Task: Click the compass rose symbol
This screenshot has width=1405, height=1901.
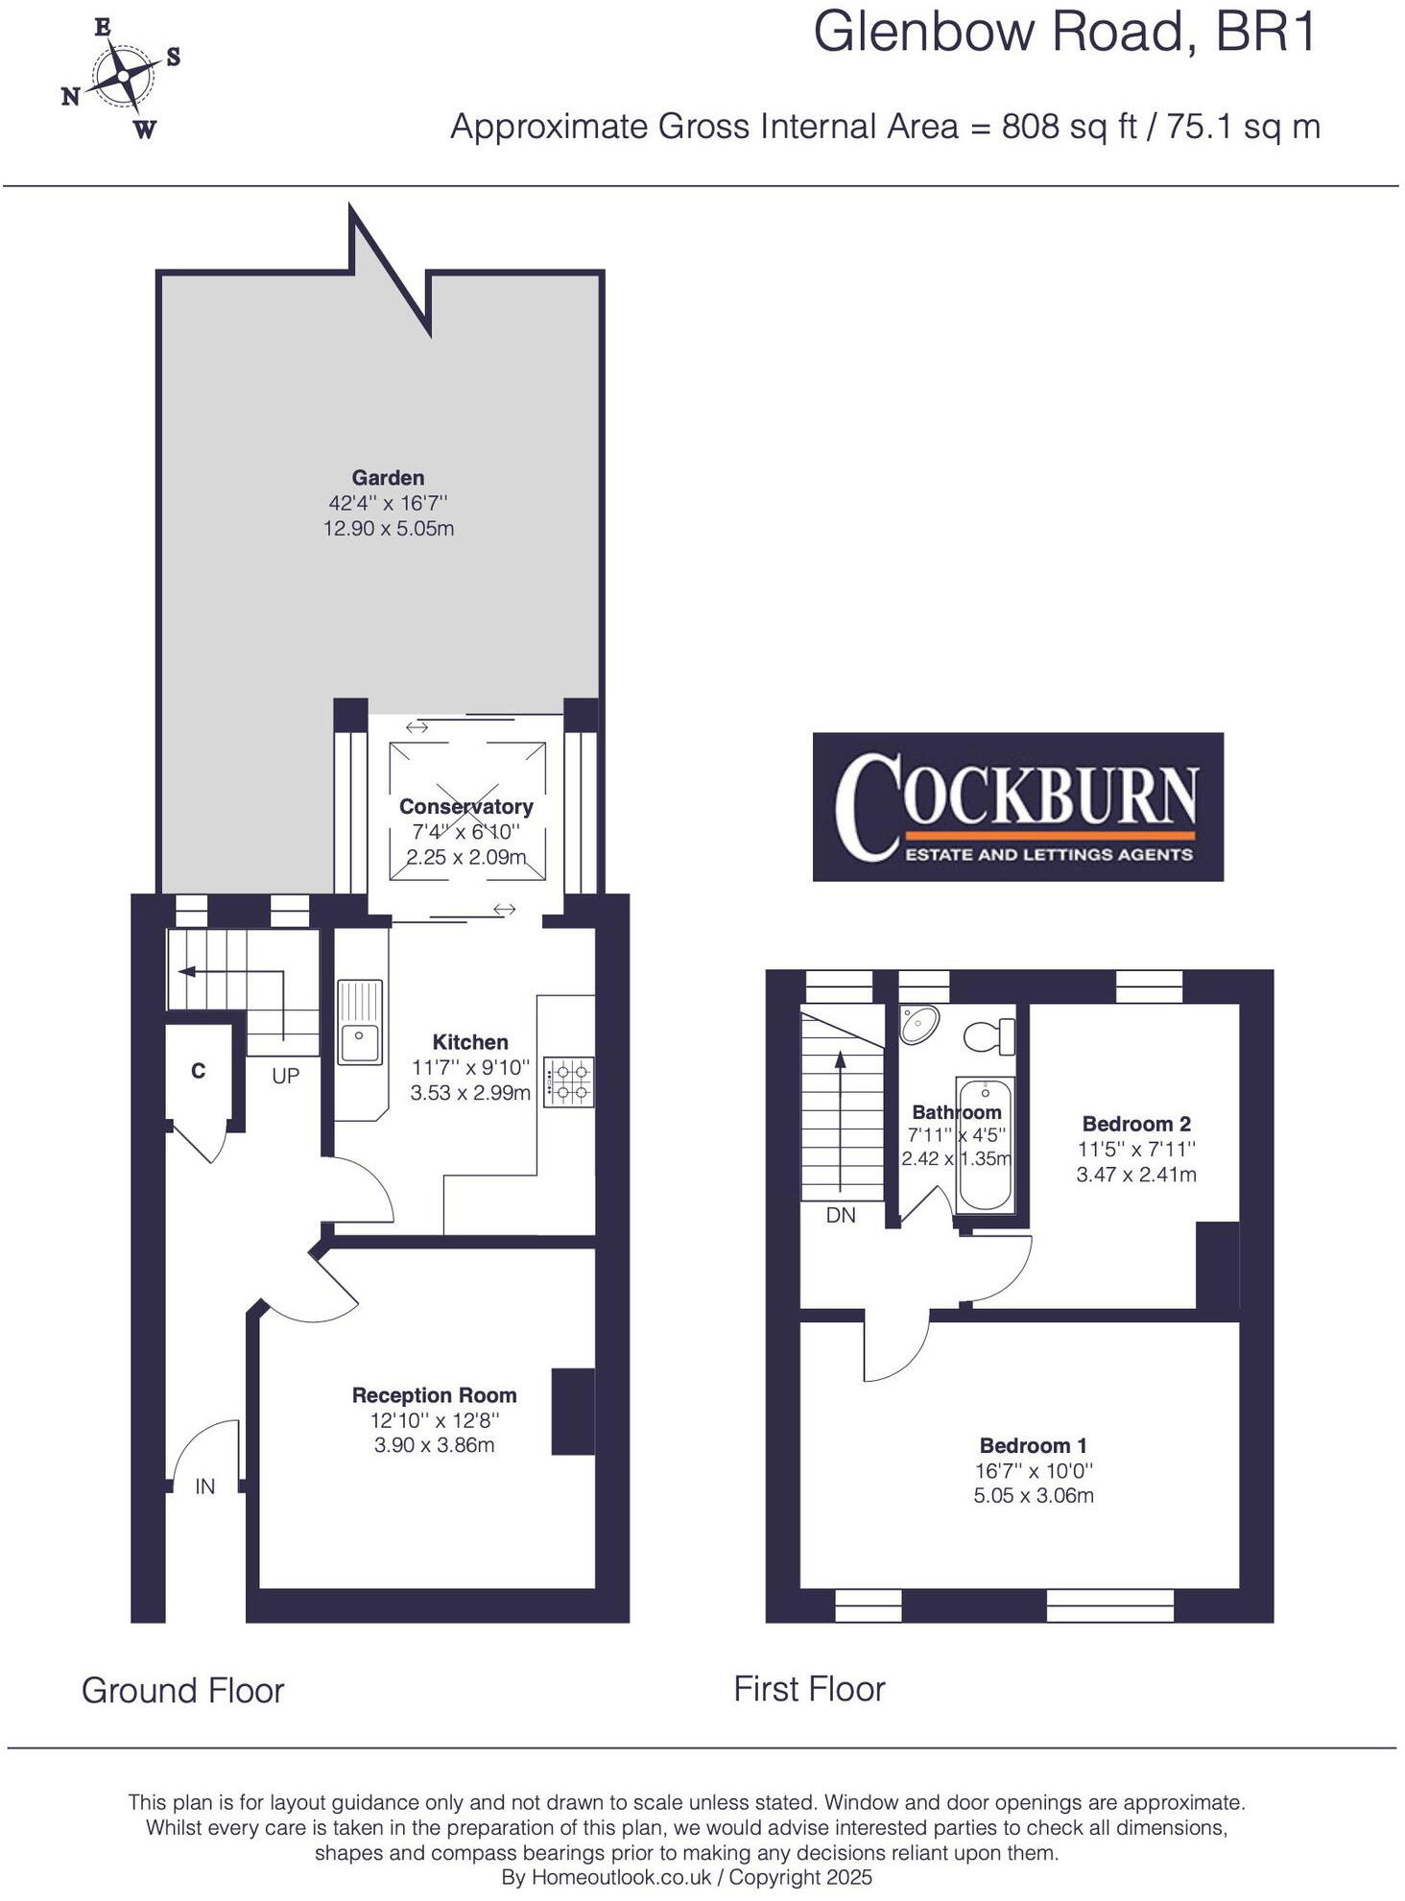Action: [122, 78]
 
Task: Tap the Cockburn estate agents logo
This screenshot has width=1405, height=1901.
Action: [1017, 806]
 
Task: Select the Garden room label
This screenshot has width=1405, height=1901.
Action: [388, 478]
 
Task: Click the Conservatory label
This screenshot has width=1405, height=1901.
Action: [465, 807]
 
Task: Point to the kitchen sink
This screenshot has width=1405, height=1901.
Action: [360, 1022]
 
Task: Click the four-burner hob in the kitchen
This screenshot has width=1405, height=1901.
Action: [568, 1081]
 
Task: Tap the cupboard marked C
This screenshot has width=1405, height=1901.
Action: [199, 1071]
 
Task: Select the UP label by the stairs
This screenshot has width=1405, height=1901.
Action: [285, 1076]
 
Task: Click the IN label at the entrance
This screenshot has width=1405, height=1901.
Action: [204, 1486]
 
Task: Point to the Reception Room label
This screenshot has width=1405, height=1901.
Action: [434, 1395]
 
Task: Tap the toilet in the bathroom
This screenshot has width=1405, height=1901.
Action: [988, 1036]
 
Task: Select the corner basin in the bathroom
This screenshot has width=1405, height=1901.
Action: [918, 1024]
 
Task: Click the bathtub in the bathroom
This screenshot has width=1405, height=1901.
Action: [986, 1147]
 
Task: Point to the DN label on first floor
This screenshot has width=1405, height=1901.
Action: [841, 1215]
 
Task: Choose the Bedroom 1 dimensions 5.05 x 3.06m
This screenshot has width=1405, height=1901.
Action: [1034, 1495]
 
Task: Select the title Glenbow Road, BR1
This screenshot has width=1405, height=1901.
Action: [1065, 33]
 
